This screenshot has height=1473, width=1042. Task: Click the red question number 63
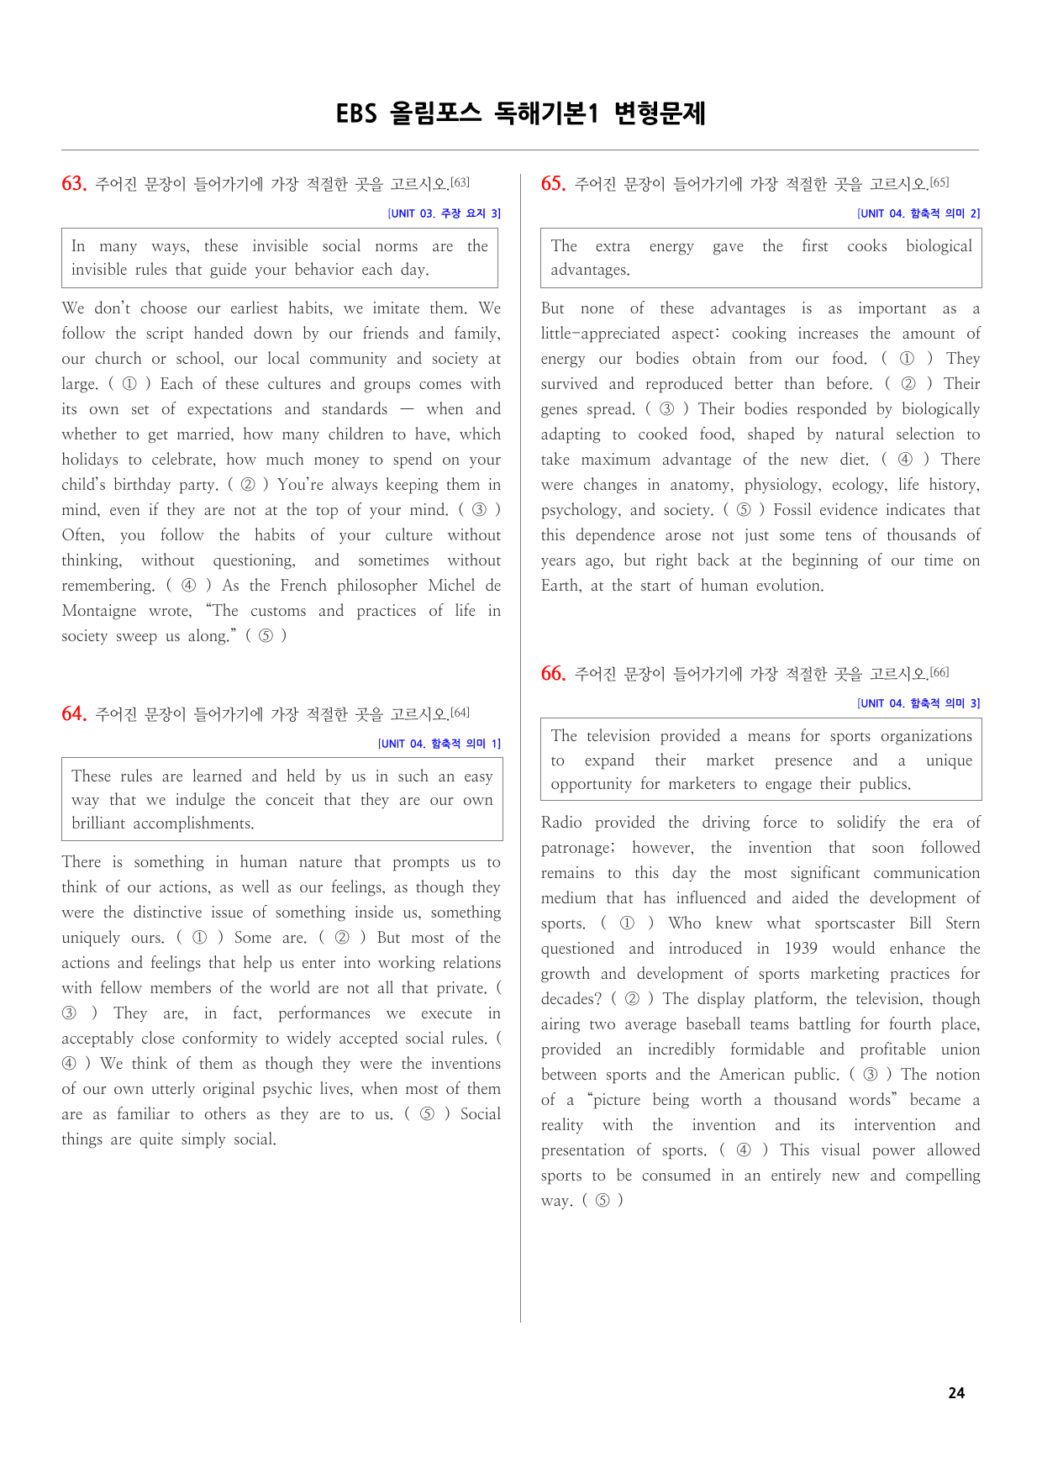coord(74,184)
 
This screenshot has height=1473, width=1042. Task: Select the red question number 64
coord(74,714)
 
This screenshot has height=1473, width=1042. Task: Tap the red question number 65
coord(553,184)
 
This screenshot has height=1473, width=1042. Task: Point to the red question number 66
coord(553,674)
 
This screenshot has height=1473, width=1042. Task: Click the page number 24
coord(956,1393)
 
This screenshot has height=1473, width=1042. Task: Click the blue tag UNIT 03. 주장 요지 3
coord(444,213)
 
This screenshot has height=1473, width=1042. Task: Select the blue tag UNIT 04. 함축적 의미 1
coord(439,744)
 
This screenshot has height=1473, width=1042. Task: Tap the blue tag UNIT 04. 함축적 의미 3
coord(918,703)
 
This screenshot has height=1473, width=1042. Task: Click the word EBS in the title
coord(356,113)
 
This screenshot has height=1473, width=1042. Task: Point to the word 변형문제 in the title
coord(660,113)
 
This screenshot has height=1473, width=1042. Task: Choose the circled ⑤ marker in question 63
coord(266,636)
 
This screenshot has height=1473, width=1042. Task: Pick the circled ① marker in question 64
coord(199,938)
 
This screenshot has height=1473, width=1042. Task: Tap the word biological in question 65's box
coord(939,246)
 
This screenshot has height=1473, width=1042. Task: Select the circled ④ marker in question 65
coord(905,460)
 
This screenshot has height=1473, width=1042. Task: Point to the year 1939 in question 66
coord(800,949)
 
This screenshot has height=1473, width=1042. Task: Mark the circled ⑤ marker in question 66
coord(603,1201)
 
